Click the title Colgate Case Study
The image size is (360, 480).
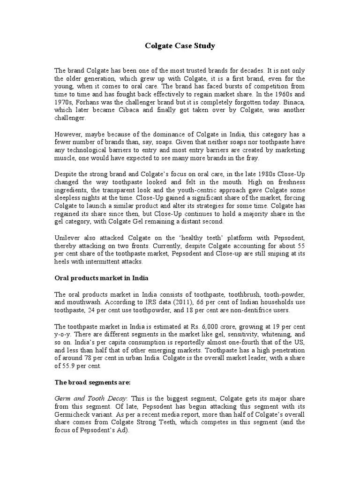[180, 46]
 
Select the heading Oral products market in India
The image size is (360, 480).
[101, 278]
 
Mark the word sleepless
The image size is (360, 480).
[69, 198]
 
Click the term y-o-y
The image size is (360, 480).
[63, 334]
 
